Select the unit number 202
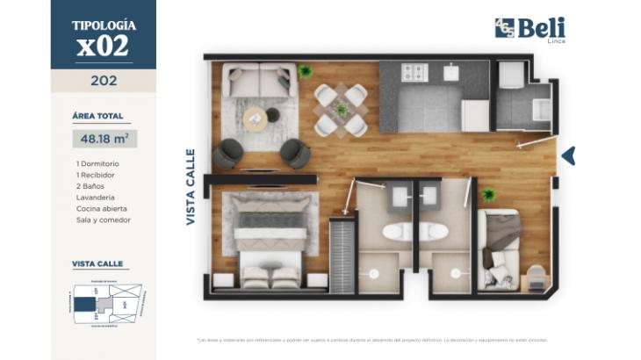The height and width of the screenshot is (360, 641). pyautogui.click(x=104, y=81)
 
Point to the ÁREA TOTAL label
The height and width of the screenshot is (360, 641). pyautogui.click(x=97, y=115)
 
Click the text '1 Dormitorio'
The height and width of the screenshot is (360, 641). pyautogui.click(x=97, y=163)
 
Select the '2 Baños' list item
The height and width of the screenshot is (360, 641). pyautogui.click(x=91, y=186)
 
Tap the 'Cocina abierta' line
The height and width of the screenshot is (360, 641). pyautogui.click(x=102, y=209)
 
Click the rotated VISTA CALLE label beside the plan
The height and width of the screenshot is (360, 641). pyautogui.click(x=191, y=187)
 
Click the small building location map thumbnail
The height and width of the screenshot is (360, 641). pyautogui.click(x=104, y=303)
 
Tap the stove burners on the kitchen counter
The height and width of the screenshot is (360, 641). pyautogui.click(x=413, y=73)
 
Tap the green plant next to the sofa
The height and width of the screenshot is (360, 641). pyautogui.click(x=305, y=70)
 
